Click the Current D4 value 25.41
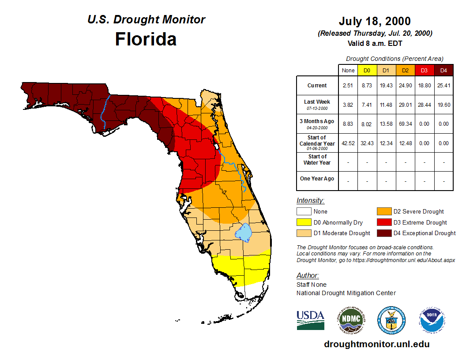pyautogui.click(x=443, y=86)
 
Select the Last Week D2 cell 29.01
pyautogui.click(x=405, y=105)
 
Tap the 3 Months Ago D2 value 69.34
pyautogui.click(x=405, y=124)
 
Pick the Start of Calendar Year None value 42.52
pyautogui.click(x=348, y=143)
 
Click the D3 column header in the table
pyautogui.click(x=424, y=70)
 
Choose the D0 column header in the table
pyautogui.click(x=367, y=70)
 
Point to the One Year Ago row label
pyautogui.click(x=317, y=179)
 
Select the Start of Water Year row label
pyautogui.click(x=317, y=159)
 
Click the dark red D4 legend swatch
pyautogui.click(x=383, y=233)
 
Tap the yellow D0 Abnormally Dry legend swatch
pyautogui.click(x=304, y=222)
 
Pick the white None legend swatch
pyautogui.click(x=304, y=212)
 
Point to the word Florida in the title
pyautogui.click(x=146, y=39)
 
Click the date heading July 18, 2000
pyautogui.click(x=375, y=21)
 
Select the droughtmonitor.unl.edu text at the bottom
pyautogui.click(x=376, y=344)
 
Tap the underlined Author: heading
pyautogui.click(x=308, y=276)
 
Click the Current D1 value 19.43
pyautogui.click(x=386, y=86)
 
